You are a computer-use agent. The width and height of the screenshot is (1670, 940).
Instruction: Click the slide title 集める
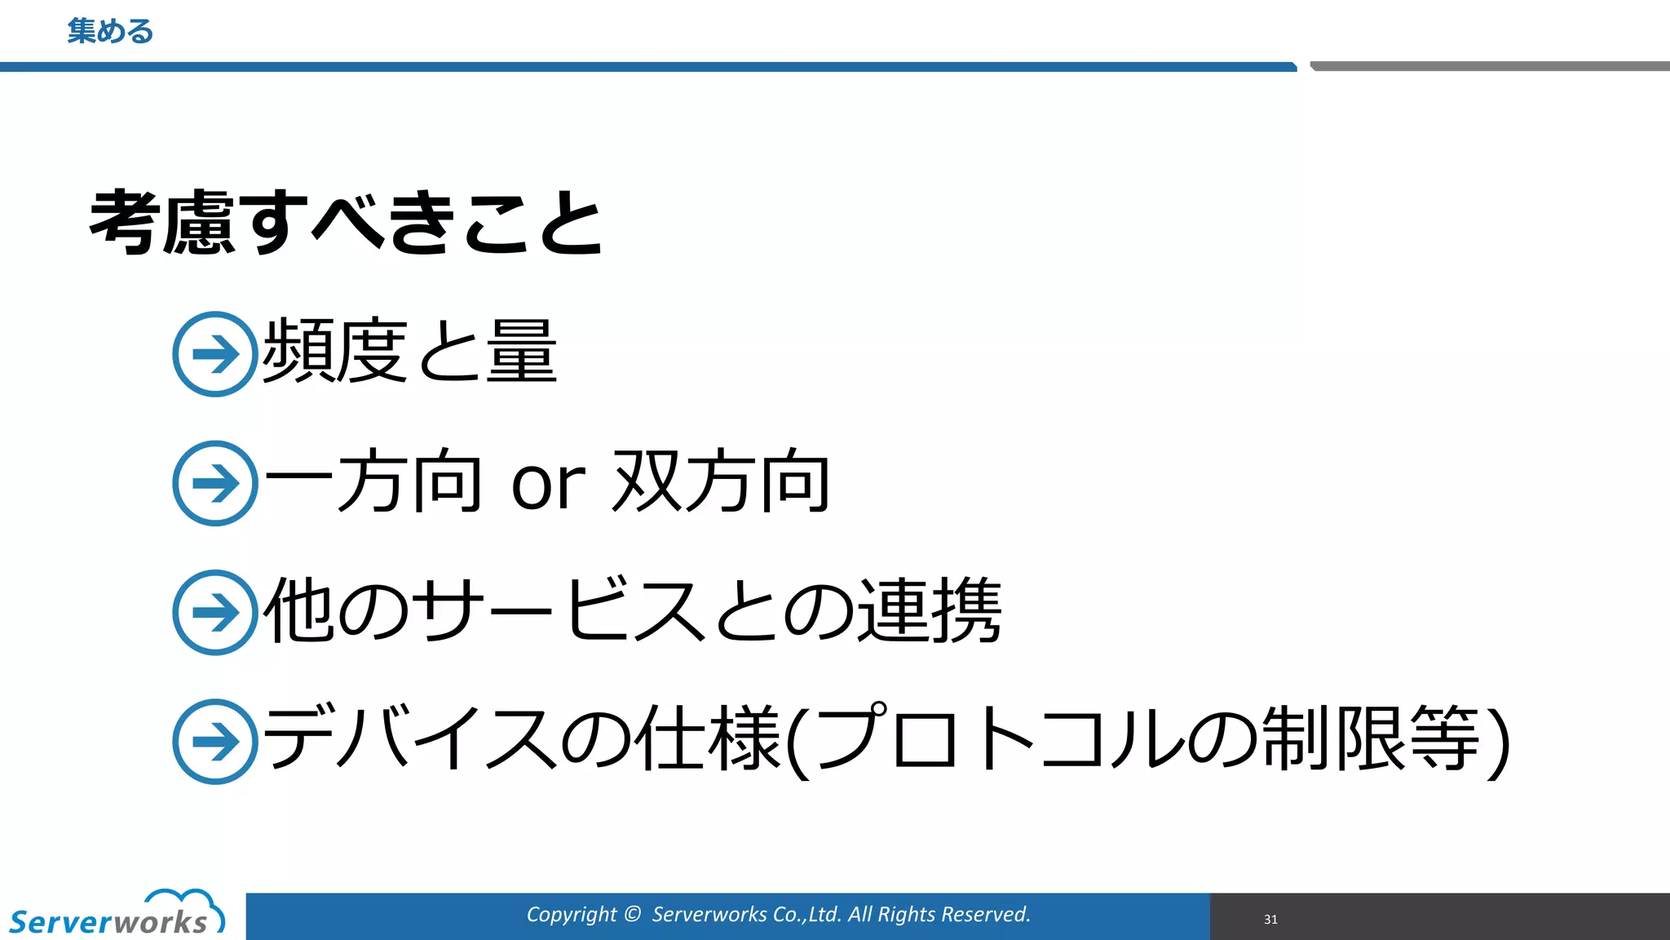pyautogui.click(x=110, y=32)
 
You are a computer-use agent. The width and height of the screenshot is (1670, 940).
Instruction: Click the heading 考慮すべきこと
pyautogui.click(x=346, y=222)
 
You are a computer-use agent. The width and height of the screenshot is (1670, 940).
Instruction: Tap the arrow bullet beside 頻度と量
pyautogui.click(x=215, y=354)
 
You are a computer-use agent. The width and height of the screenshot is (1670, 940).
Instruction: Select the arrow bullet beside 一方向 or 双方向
pyautogui.click(x=215, y=483)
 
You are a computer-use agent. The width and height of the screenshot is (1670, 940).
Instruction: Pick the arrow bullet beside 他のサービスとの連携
pyautogui.click(x=215, y=612)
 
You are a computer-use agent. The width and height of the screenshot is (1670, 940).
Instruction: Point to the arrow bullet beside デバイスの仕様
pyautogui.click(x=215, y=741)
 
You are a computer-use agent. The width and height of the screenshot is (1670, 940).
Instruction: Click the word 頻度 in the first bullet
pyautogui.click(x=334, y=351)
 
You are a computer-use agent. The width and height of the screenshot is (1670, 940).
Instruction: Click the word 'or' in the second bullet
pyautogui.click(x=548, y=483)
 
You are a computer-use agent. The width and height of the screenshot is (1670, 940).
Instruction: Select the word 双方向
pyautogui.click(x=721, y=481)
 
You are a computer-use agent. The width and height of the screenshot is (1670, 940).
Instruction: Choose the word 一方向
pyautogui.click(x=373, y=481)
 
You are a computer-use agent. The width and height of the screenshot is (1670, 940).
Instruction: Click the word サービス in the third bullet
pyautogui.click(x=558, y=610)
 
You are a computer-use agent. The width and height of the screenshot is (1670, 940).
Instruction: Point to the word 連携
pyautogui.click(x=930, y=610)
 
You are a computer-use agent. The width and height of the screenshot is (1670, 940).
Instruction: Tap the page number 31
pyautogui.click(x=1270, y=920)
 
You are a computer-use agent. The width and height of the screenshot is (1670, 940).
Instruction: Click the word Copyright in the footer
pyautogui.click(x=571, y=915)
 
